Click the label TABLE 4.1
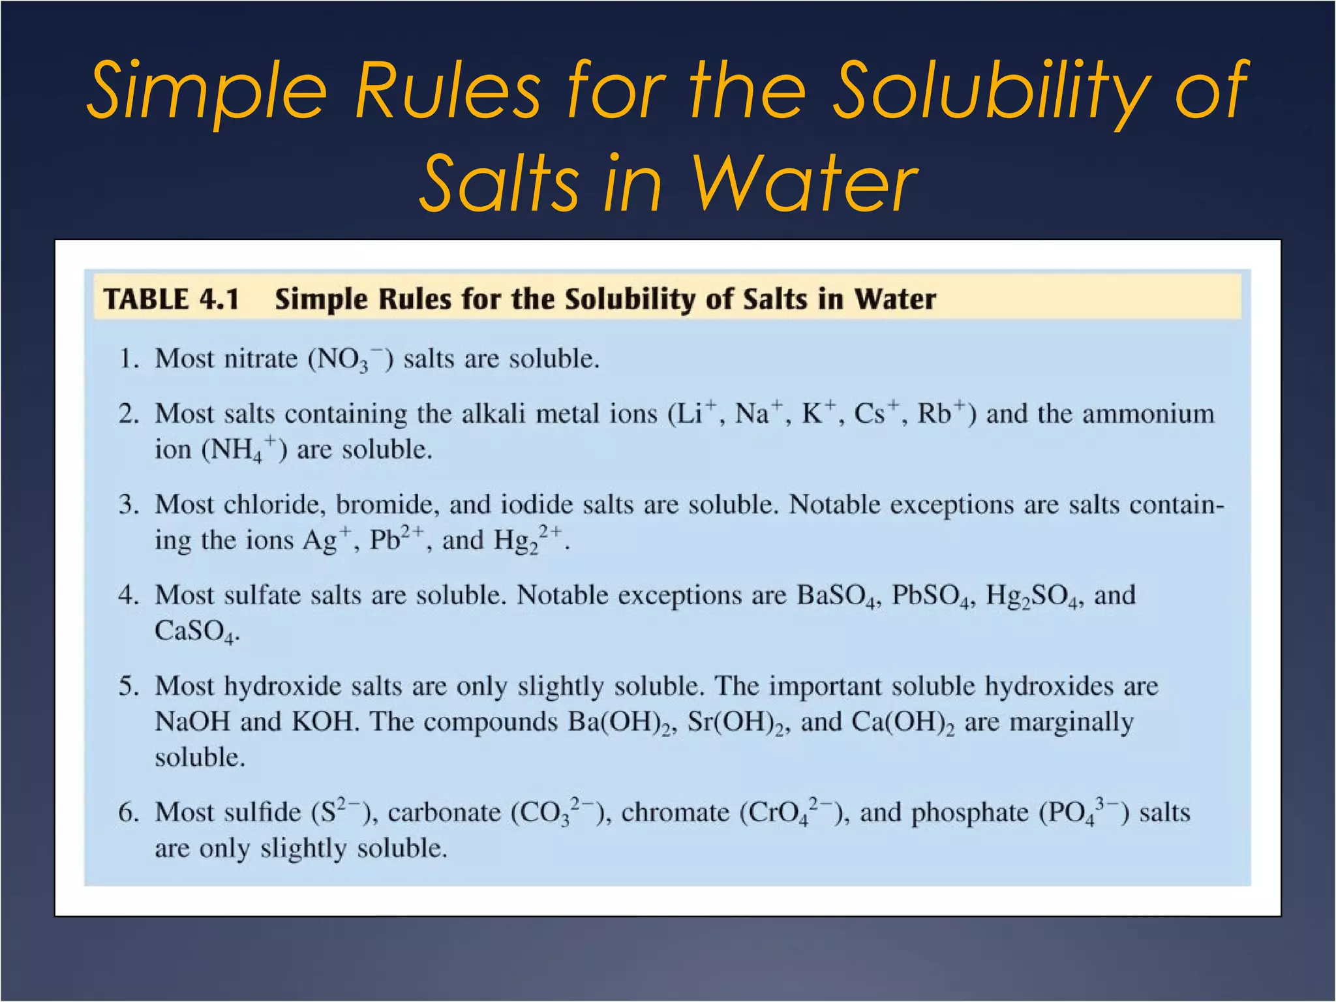pyautogui.click(x=172, y=299)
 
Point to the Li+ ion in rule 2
pyautogui.click(x=692, y=414)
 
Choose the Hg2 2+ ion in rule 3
pyautogui.click(x=528, y=540)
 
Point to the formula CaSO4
pyautogui.click(x=194, y=631)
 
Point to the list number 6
pyautogui.click(x=128, y=813)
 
